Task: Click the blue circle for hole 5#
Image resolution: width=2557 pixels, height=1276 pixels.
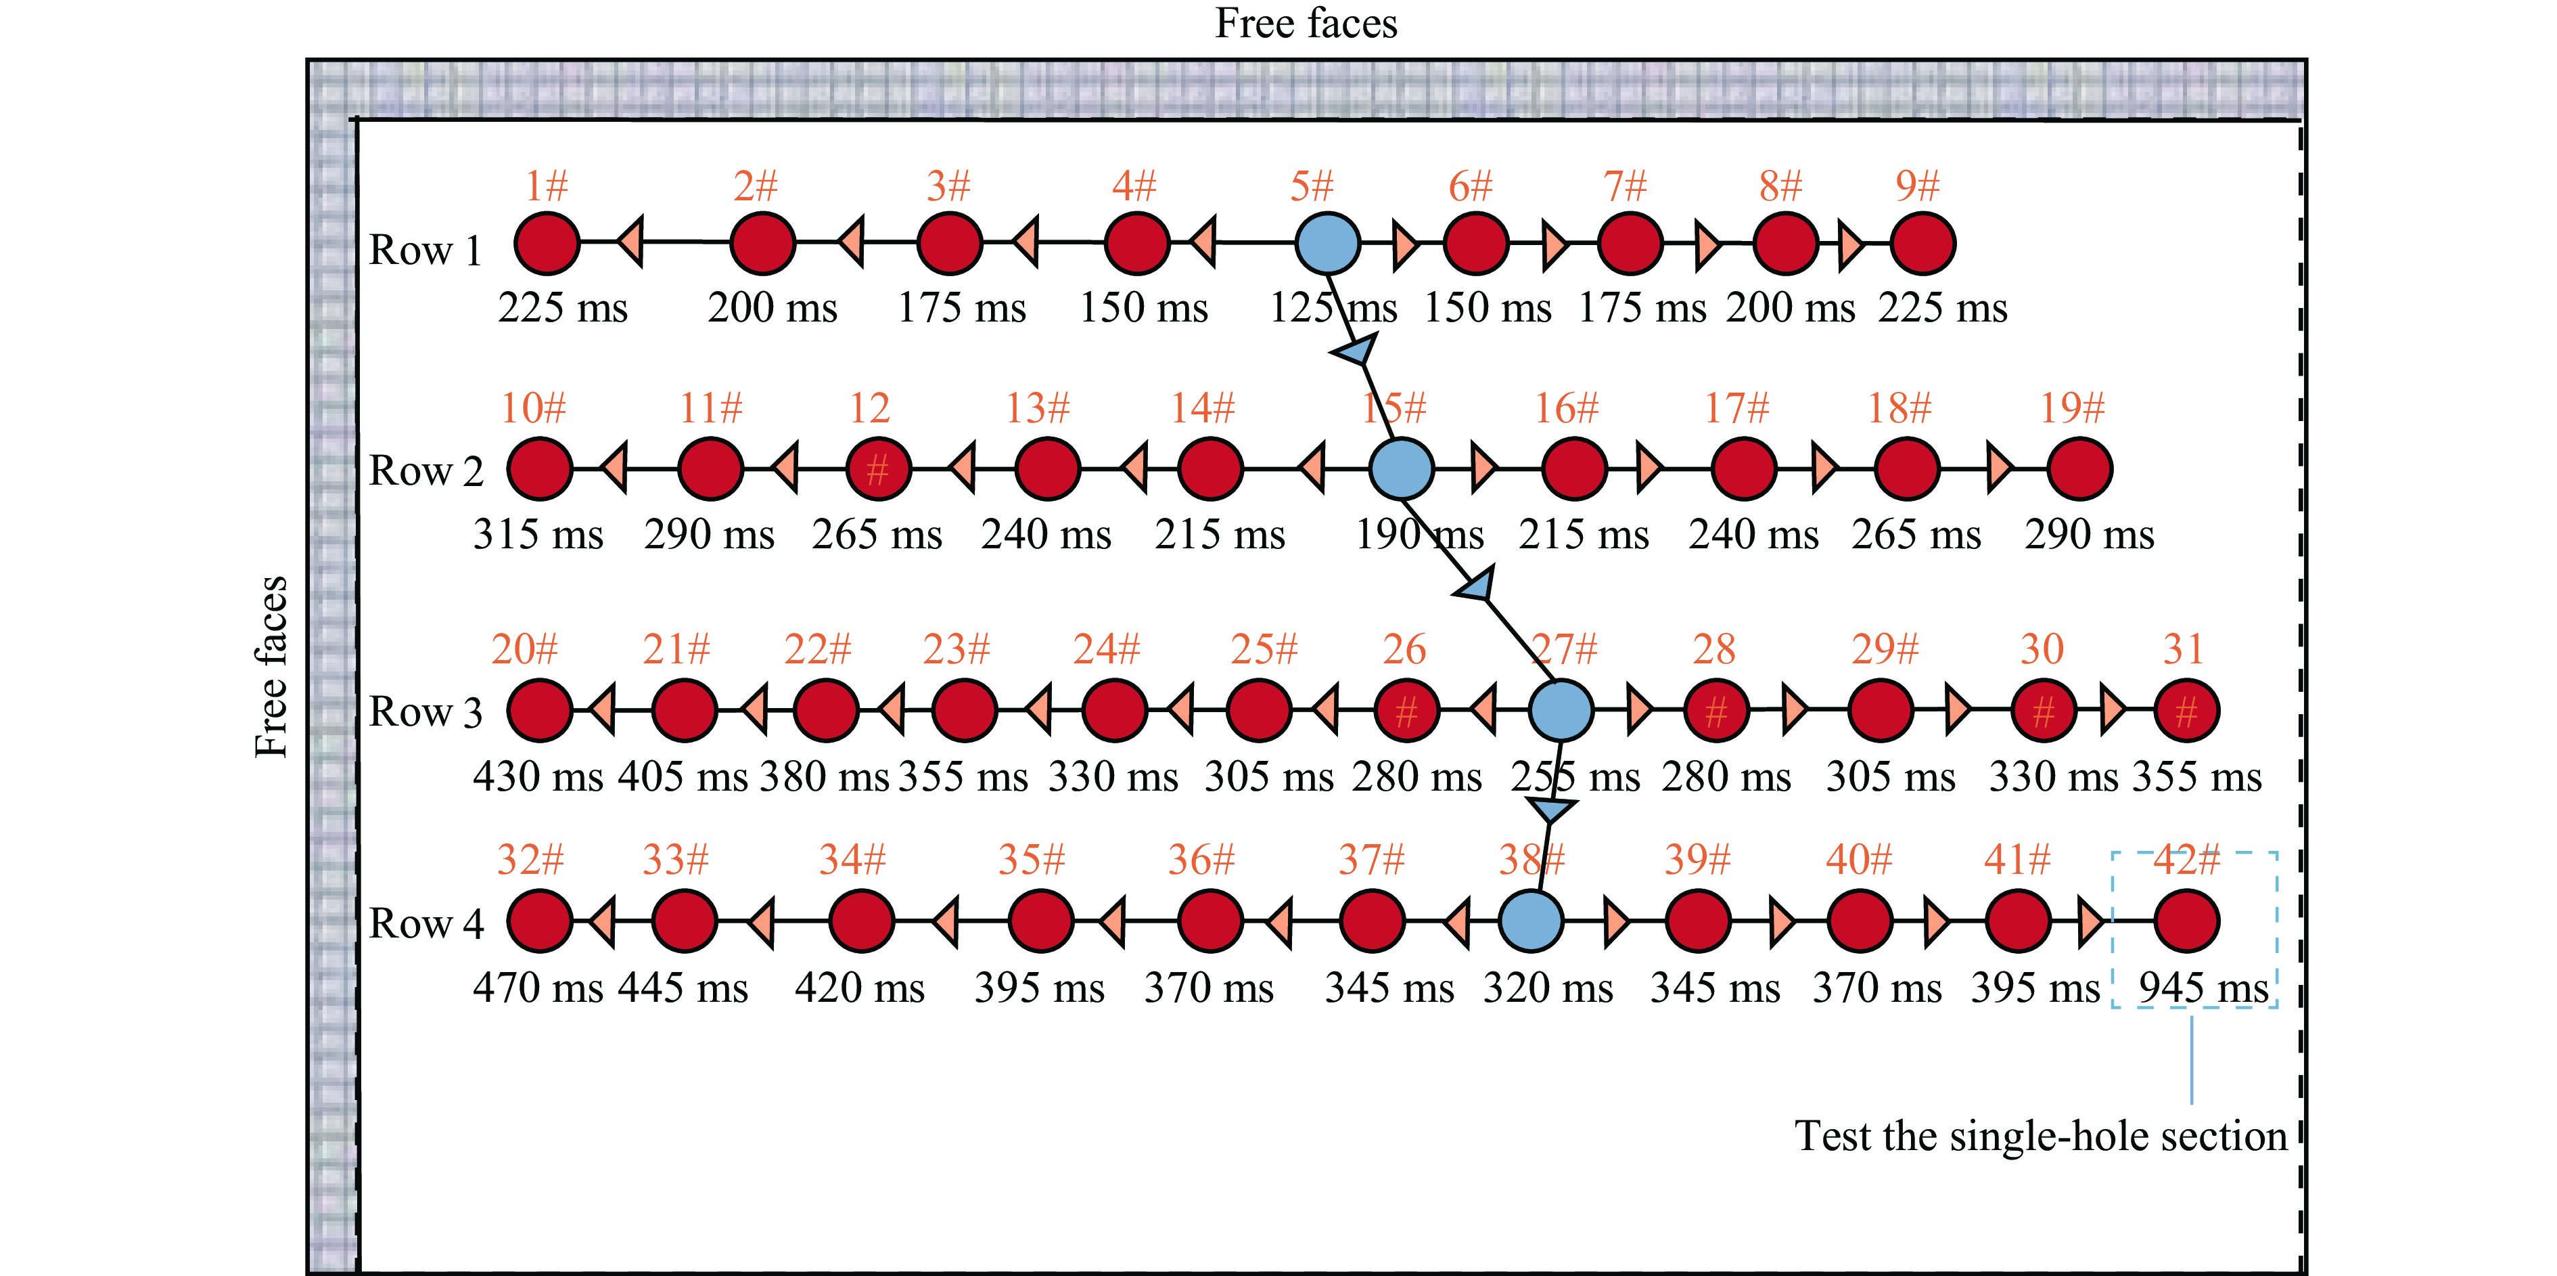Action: click(x=1327, y=243)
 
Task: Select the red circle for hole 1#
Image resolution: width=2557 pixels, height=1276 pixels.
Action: click(x=547, y=243)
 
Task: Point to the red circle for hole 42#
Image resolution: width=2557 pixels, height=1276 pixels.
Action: click(x=2187, y=921)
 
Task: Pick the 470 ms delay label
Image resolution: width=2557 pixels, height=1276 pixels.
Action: click(x=538, y=988)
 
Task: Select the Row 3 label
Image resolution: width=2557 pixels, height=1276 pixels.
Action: click(x=426, y=712)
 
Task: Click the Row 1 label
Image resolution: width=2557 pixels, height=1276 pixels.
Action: click(x=426, y=250)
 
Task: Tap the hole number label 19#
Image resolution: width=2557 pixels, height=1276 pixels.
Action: click(x=2071, y=407)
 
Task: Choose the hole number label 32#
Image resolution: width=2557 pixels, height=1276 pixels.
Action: click(x=530, y=859)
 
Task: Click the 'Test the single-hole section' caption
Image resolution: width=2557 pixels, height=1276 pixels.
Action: click(x=2041, y=1136)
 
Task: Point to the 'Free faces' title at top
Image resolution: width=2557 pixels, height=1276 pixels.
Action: click(x=1306, y=23)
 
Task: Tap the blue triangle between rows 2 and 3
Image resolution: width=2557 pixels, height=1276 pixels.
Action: click(x=1476, y=586)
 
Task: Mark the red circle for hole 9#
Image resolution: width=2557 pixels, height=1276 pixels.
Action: click(x=1922, y=243)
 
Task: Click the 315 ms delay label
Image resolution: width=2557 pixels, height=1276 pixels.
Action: click(x=538, y=534)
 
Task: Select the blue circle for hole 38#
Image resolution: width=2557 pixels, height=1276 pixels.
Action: click(x=1529, y=921)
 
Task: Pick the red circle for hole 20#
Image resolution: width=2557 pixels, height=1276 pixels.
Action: click(x=539, y=710)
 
